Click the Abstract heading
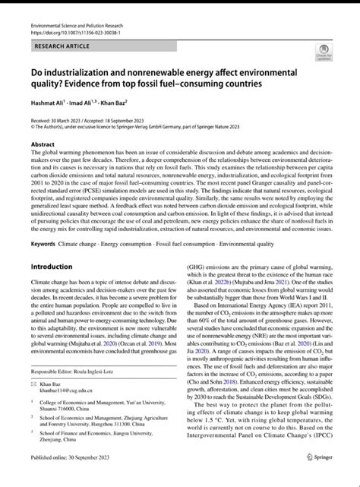coord(43,144)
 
